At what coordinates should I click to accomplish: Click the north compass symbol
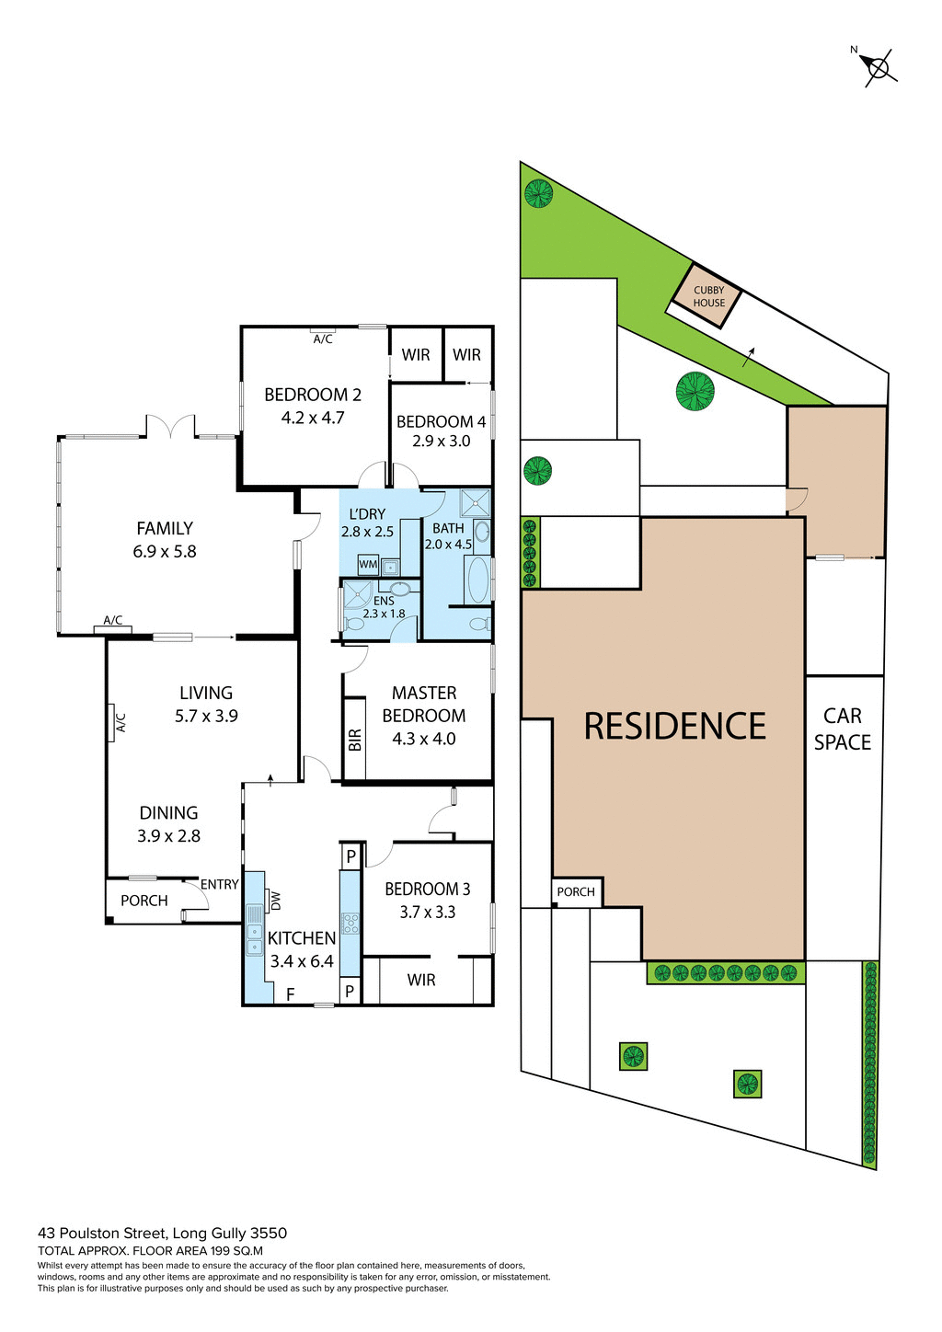(x=878, y=67)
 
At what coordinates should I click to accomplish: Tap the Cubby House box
(x=708, y=296)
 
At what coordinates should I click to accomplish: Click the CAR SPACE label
(x=842, y=729)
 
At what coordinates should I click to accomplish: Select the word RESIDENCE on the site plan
(x=674, y=727)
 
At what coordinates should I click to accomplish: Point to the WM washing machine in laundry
(x=368, y=564)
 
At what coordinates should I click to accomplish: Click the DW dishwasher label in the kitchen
(x=275, y=901)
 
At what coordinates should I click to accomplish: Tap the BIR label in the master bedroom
(x=355, y=740)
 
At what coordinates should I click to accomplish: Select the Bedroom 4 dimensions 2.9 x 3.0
(x=441, y=442)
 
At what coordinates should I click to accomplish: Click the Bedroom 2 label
(x=313, y=395)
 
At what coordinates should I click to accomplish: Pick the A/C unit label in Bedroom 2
(x=323, y=339)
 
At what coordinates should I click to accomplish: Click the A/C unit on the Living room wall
(x=119, y=723)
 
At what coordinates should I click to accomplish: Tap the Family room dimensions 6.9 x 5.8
(x=165, y=552)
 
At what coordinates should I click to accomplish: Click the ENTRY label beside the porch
(x=220, y=885)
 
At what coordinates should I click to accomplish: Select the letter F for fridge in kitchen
(x=290, y=994)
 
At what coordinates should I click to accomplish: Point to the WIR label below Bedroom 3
(x=421, y=981)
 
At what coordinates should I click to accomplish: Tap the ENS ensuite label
(x=384, y=601)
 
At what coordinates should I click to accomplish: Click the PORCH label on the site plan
(x=576, y=892)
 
